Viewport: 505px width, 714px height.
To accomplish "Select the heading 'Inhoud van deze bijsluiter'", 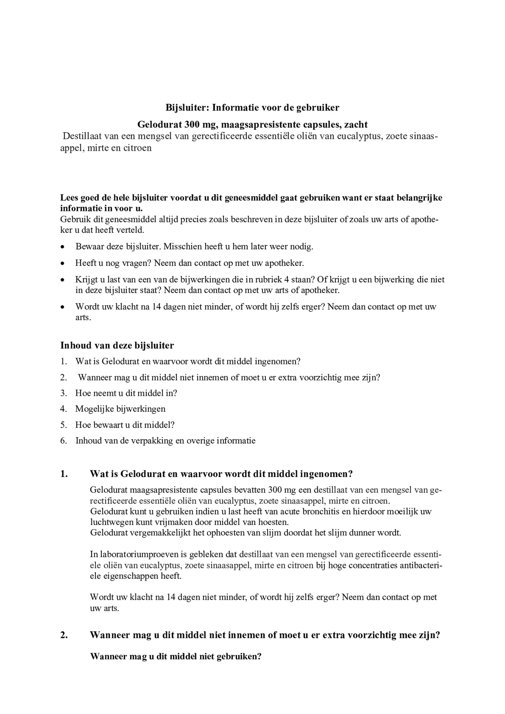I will coord(117,346).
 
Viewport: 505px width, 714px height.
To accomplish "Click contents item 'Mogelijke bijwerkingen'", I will coord(120,409).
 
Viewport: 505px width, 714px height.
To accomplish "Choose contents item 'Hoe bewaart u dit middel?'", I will coord(125,425).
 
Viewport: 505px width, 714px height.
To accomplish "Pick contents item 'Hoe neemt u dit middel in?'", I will coord(126,393).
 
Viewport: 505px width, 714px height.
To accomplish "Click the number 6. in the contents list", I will coord(64,441).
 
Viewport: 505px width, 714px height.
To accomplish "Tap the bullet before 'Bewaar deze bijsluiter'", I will coord(62,247).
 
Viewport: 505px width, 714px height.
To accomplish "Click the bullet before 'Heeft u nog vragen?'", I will coord(62,263).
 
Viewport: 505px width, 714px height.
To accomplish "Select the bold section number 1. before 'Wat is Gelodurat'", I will coord(64,474).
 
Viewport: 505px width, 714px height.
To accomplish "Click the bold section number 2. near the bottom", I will coord(64,635).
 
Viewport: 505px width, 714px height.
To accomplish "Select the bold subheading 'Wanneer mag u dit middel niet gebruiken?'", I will coord(176,657).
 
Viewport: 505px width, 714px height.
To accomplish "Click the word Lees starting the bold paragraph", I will coord(69,198).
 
